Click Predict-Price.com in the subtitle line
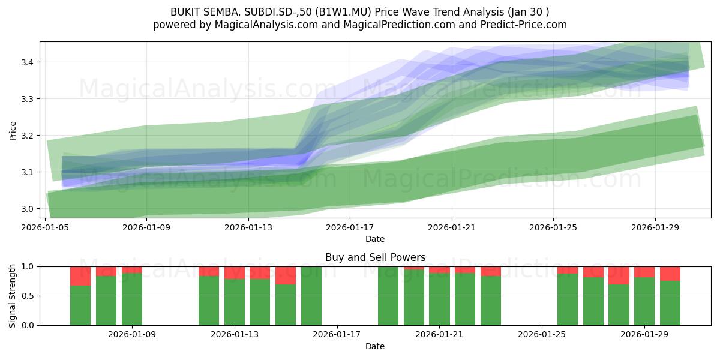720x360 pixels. tap(524, 25)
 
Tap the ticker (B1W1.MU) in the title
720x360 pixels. tap(343, 12)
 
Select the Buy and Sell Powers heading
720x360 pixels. tap(375, 257)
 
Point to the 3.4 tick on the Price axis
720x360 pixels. tap(28, 62)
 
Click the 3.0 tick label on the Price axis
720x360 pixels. tap(28, 209)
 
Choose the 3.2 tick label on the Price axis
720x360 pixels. tap(28, 136)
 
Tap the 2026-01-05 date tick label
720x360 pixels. tap(45, 227)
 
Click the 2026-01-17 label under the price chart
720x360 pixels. tap(350, 227)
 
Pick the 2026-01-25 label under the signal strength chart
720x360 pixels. tap(542, 335)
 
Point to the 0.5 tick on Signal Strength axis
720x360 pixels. tap(28, 296)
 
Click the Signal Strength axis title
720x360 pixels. tap(12, 296)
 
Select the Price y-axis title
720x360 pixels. tap(13, 131)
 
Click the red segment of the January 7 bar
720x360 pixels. tap(80, 276)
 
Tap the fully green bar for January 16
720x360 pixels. tap(311, 296)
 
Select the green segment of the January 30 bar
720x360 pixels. tap(670, 303)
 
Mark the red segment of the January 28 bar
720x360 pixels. tap(619, 275)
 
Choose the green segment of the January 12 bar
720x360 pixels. tap(209, 301)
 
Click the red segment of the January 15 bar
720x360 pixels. tap(286, 275)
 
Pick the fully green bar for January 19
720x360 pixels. tap(388, 296)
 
